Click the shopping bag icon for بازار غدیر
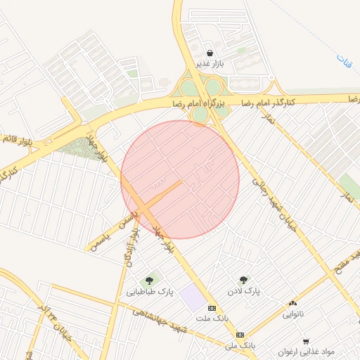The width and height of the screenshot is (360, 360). [x=210, y=53]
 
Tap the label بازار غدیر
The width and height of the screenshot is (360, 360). [x=210, y=64]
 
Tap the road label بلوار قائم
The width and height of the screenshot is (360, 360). [x=18, y=139]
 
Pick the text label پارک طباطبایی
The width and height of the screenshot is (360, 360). [x=150, y=291]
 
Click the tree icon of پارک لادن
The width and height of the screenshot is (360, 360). [x=243, y=279]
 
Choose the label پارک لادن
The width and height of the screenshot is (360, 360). [x=243, y=290]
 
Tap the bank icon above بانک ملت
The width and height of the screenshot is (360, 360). [x=212, y=309]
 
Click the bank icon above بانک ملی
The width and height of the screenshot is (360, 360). [x=240, y=335]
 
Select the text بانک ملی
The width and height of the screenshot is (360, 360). [x=240, y=346]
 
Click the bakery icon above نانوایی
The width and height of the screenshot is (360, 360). [x=292, y=303]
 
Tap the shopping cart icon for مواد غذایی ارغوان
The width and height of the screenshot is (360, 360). [x=305, y=340]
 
